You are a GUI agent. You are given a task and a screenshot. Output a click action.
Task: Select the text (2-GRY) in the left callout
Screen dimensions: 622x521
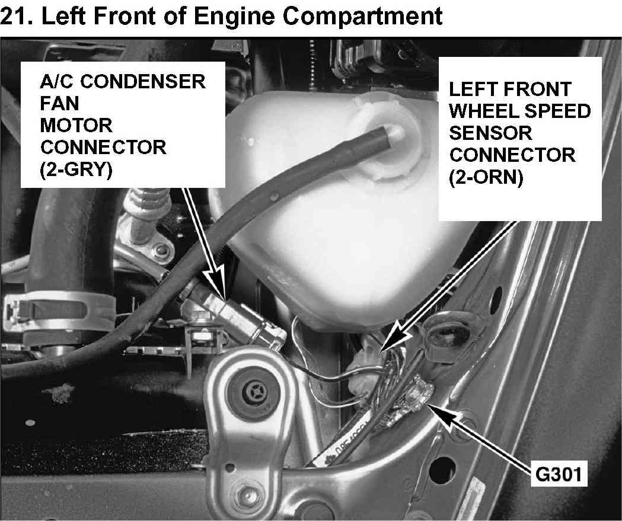click(76, 170)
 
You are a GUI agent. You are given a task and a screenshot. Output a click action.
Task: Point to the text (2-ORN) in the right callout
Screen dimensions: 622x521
click(486, 177)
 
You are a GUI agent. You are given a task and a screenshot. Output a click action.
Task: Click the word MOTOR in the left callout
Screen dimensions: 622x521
click(76, 126)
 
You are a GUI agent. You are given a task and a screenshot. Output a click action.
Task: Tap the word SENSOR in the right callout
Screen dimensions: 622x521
click(490, 133)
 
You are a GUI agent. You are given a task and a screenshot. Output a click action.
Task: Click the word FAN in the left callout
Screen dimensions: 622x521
click(59, 104)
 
